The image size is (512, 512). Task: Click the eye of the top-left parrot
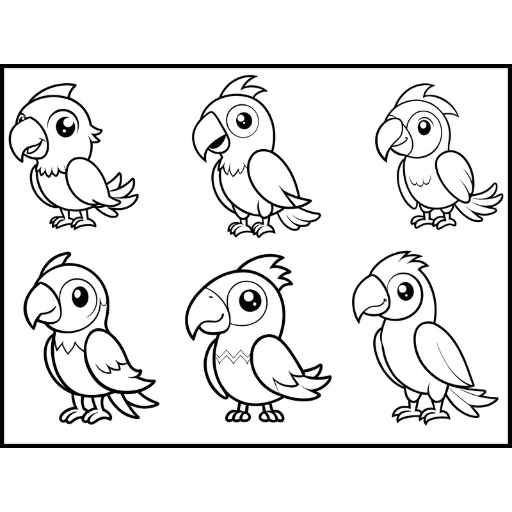[65, 125]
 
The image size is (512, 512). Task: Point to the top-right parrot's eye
[424, 126]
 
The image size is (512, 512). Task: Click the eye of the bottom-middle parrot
[250, 299]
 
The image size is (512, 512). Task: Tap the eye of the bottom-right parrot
[405, 291]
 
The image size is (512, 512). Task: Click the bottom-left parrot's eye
[80, 296]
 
